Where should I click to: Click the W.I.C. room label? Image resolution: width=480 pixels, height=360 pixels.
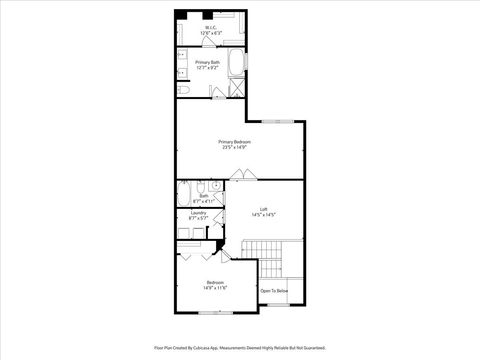click(x=210, y=27)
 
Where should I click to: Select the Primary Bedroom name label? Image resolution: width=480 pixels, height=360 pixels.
click(x=235, y=142)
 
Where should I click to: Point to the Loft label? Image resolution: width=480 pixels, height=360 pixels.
click(x=262, y=209)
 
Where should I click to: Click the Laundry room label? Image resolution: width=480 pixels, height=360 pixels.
click(x=198, y=213)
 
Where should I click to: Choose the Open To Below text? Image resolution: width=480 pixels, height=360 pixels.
click(x=274, y=291)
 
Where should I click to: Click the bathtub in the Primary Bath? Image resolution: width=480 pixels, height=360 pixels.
click(x=236, y=65)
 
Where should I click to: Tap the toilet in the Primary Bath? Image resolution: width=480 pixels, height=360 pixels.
click(x=184, y=91)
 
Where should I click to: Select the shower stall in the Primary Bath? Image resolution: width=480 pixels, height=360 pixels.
click(x=233, y=91)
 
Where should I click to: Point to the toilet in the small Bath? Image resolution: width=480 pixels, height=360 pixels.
click(x=201, y=187)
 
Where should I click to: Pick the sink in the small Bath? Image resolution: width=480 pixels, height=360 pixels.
click(x=217, y=186)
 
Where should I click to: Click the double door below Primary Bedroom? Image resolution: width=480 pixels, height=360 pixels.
click(x=243, y=176)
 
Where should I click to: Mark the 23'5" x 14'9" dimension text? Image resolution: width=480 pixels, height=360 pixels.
click(x=235, y=149)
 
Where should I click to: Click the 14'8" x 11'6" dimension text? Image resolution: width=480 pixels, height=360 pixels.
click(x=216, y=288)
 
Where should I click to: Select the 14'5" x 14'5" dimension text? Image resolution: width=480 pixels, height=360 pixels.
click(x=262, y=215)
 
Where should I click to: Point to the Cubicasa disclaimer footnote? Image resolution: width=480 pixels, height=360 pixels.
click(x=239, y=348)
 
